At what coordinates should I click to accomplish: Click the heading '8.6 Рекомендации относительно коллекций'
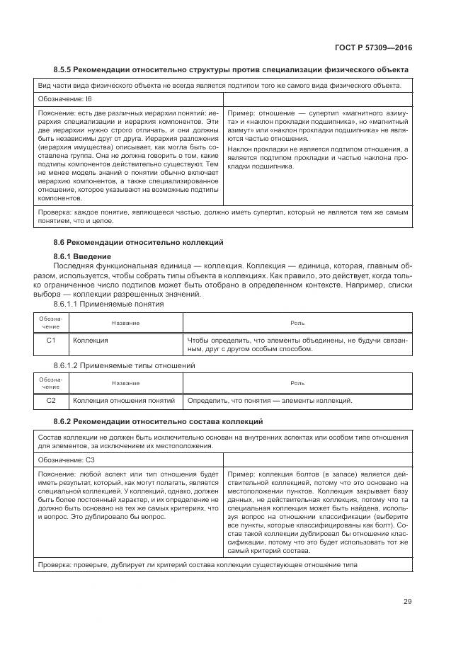[138, 243]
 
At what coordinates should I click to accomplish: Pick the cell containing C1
[51, 341]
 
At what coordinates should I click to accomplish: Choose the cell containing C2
[51, 401]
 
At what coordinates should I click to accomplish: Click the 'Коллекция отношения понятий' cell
[124, 401]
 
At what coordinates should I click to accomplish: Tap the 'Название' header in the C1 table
[125, 323]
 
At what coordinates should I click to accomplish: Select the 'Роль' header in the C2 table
[297, 383]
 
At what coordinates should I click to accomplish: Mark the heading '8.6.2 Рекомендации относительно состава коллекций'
[158, 421]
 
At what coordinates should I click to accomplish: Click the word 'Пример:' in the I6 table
[241, 113]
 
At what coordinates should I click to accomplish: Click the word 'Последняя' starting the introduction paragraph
[72, 265]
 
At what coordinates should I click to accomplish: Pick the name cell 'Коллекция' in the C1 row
[91, 341]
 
